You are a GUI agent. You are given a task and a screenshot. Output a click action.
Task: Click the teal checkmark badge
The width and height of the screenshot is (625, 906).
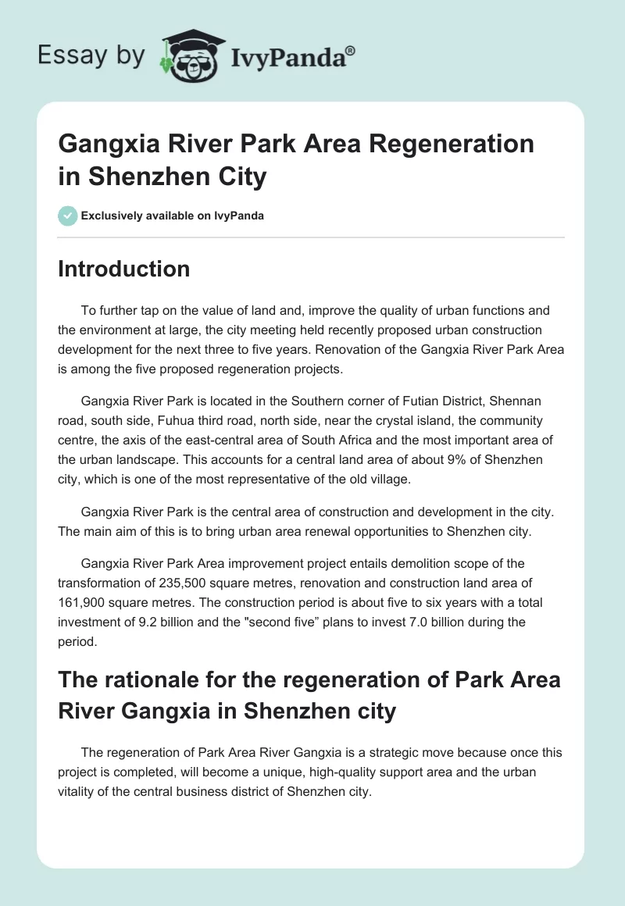click(68, 216)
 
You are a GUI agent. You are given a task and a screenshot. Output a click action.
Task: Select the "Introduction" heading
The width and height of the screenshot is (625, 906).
click(124, 269)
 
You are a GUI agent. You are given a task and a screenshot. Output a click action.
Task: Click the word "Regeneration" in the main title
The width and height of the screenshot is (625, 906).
click(459, 144)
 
